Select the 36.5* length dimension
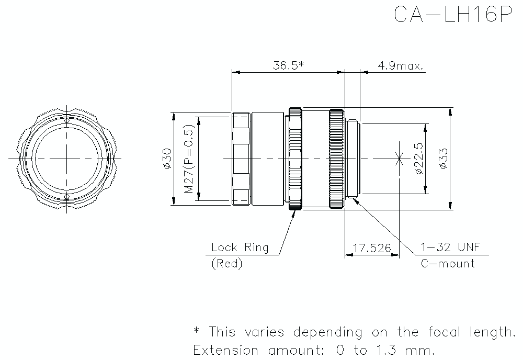pyautogui.click(x=288, y=65)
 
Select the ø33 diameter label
pyautogui.click(x=444, y=158)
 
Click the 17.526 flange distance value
pyautogui.click(x=372, y=248)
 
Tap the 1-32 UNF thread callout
pyautogui.click(x=451, y=247)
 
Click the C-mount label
pyautogui.click(x=448, y=263)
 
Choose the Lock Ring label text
pyautogui.click(x=240, y=247)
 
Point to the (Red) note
pyautogui.click(x=226, y=264)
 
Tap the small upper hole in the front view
pyautogui.click(x=66, y=121)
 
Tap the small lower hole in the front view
pyautogui.click(x=66, y=196)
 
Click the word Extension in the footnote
pyautogui.click(x=226, y=349)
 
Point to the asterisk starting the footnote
pyautogui.click(x=197, y=331)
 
